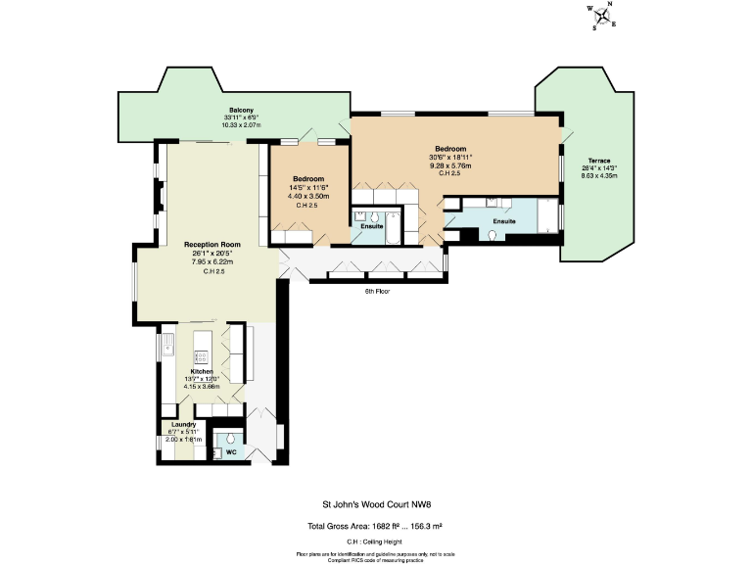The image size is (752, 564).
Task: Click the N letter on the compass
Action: tap(609, 5)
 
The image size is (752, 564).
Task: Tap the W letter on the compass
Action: tap(589, 11)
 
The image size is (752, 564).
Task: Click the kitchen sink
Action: tap(168, 345)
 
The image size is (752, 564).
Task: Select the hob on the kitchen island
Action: tap(204, 343)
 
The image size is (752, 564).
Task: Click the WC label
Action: tap(230, 453)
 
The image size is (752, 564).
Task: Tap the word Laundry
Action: tap(183, 424)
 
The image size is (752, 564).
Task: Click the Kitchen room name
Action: tap(203, 372)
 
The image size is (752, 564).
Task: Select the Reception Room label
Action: tap(211, 244)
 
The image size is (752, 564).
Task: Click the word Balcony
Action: tap(242, 109)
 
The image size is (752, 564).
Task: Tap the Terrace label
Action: tap(598, 161)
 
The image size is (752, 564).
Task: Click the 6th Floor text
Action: tap(377, 291)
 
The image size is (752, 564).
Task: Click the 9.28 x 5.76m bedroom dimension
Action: tap(449, 165)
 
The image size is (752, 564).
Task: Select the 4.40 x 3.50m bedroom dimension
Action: tap(308, 197)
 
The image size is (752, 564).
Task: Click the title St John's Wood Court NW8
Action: tap(376, 506)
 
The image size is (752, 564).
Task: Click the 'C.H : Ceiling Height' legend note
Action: tap(376, 541)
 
